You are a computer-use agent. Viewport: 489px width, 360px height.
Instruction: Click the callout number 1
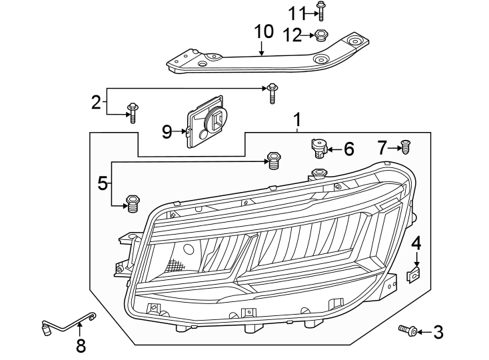(297, 121)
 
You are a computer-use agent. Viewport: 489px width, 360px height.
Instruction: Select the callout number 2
(97, 102)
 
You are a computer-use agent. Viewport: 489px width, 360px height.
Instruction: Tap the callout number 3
(437, 331)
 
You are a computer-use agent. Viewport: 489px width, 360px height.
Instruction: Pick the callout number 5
(102, 183)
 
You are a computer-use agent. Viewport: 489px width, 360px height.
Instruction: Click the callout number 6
(348, 149)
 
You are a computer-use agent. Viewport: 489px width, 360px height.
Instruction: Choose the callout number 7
(382, 148)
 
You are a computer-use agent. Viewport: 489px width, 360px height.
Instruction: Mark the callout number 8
(81, 346)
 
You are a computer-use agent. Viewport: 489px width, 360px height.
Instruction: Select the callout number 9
(167, 131)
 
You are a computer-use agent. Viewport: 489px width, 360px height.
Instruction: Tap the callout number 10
(263, 31)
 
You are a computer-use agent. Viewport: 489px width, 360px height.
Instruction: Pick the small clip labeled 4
(416, 273)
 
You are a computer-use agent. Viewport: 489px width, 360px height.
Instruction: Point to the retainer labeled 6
(319, 149)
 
